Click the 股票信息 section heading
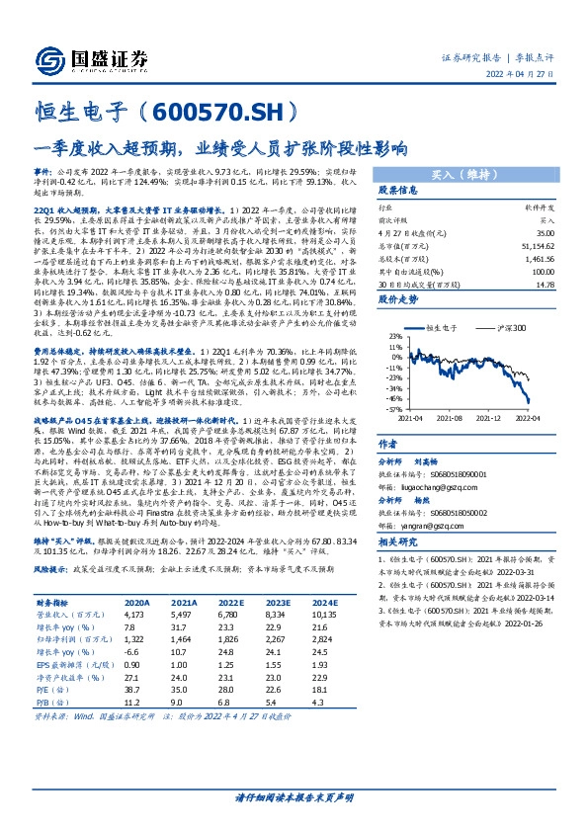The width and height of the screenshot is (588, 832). pos(372,190)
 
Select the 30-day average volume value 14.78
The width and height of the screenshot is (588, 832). pos(543,286)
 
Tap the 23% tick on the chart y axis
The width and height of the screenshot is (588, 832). pos(368,336)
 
